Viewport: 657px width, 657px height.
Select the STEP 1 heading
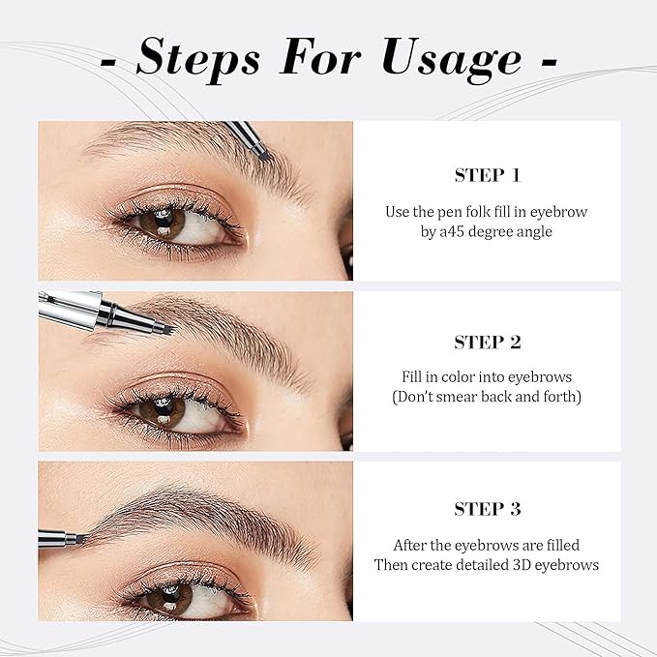point(488,175)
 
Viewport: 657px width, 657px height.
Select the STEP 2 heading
point(488,342)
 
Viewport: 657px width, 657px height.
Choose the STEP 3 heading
point(488,509)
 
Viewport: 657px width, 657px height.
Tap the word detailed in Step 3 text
point(480,564)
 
